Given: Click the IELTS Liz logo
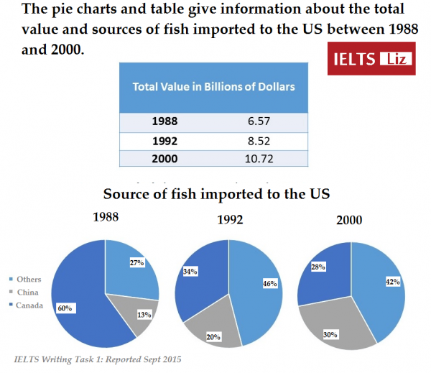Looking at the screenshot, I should click(371, 57).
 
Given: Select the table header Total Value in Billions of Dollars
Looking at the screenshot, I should click(214, 86).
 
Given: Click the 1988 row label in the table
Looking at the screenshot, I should click(164, 121).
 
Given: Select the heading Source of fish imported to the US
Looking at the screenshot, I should click(216, 194).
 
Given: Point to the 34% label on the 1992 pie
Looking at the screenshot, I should click(191, 272).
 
